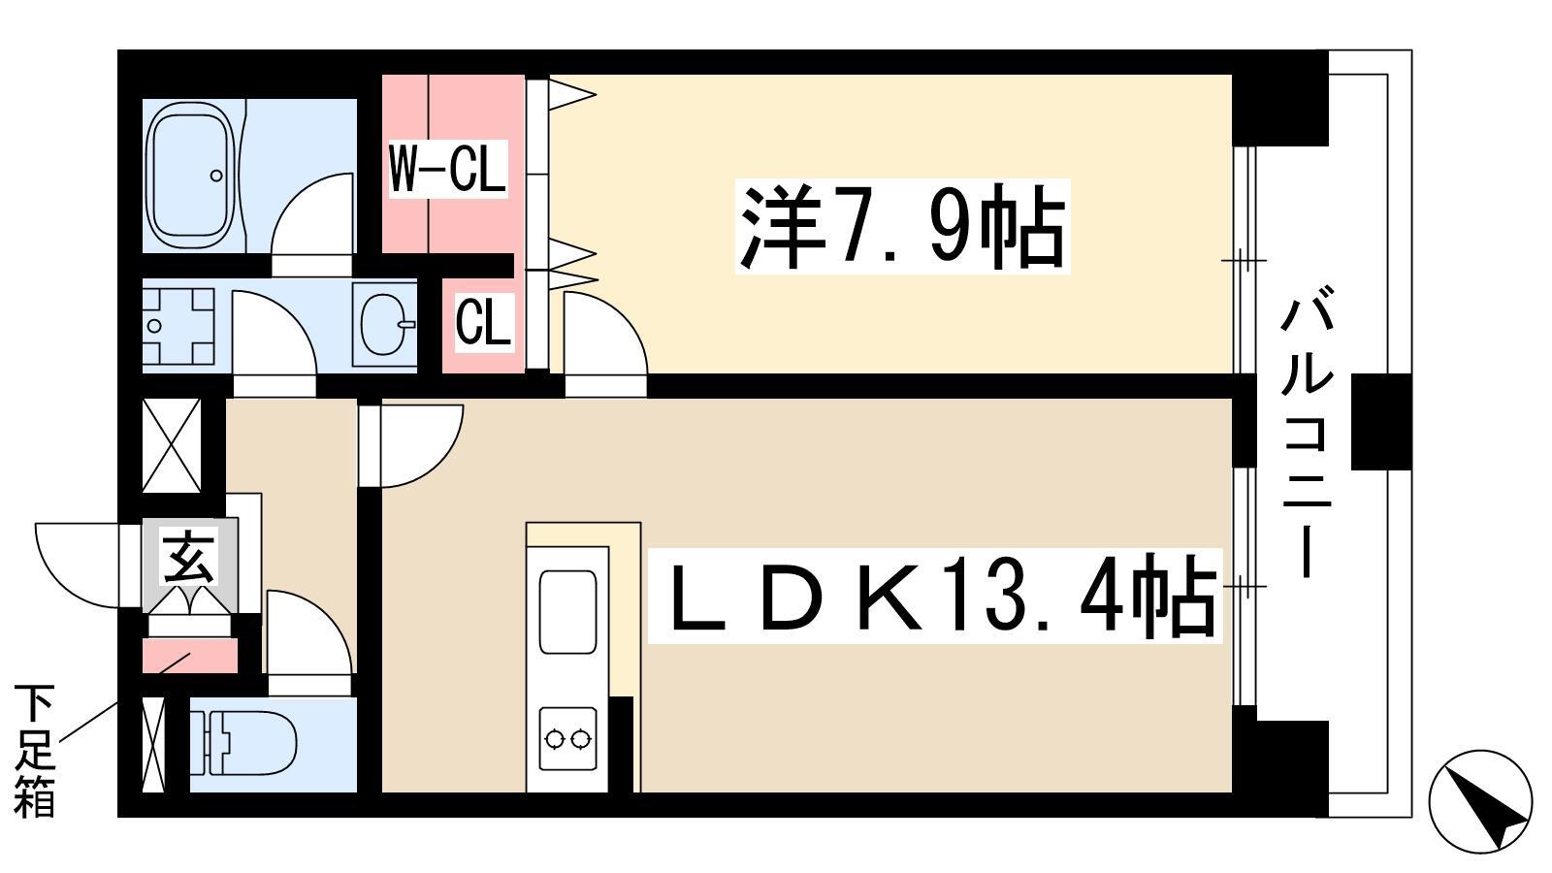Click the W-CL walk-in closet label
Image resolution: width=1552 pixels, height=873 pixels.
(447, 169)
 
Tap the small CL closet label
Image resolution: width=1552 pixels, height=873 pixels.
(484, 321)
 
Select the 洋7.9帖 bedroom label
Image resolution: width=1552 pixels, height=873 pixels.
(902, 227)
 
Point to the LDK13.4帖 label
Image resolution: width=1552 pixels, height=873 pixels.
(934, 596)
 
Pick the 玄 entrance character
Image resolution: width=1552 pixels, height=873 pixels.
(188, 557)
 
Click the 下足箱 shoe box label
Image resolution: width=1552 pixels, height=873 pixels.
(34, 751)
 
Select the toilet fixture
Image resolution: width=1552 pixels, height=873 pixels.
(243, 743)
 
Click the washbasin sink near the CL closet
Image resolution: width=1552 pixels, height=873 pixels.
(384, 324)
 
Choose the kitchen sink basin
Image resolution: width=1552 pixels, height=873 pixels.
(568, 612)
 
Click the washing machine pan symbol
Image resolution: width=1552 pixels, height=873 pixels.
(178, 326)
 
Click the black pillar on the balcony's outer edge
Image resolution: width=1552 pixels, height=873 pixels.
(1381, 422)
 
